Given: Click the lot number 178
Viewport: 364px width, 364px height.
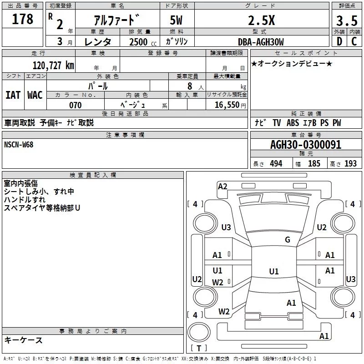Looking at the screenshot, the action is coord(23,19).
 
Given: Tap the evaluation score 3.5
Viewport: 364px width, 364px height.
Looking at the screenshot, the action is coord(346,21).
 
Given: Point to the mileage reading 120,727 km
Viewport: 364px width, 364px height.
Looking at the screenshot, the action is coord(53,65).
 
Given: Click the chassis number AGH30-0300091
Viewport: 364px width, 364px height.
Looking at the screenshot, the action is coord(305,145).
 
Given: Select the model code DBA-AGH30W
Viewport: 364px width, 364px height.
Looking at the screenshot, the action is coord(261,42).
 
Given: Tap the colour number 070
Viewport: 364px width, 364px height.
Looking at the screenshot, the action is coord(76,106).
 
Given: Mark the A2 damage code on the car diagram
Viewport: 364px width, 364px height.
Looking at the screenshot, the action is coord(222,186).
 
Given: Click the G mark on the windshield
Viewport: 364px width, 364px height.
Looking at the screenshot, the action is coord(288,240).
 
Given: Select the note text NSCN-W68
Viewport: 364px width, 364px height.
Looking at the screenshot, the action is coord(19,145).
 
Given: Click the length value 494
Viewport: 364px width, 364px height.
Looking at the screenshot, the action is coord(276,164).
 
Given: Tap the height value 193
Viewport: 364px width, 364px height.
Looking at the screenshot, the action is coord(350,164).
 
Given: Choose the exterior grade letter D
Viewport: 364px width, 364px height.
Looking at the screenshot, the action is coord(339,41).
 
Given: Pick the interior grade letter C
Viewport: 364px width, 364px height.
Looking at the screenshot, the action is coord(354,41).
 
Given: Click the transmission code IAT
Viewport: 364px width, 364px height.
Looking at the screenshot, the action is coord(13,95).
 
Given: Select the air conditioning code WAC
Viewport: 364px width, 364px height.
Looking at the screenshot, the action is coord(35,95).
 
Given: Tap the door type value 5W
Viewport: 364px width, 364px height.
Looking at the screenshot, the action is coord(177,21).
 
